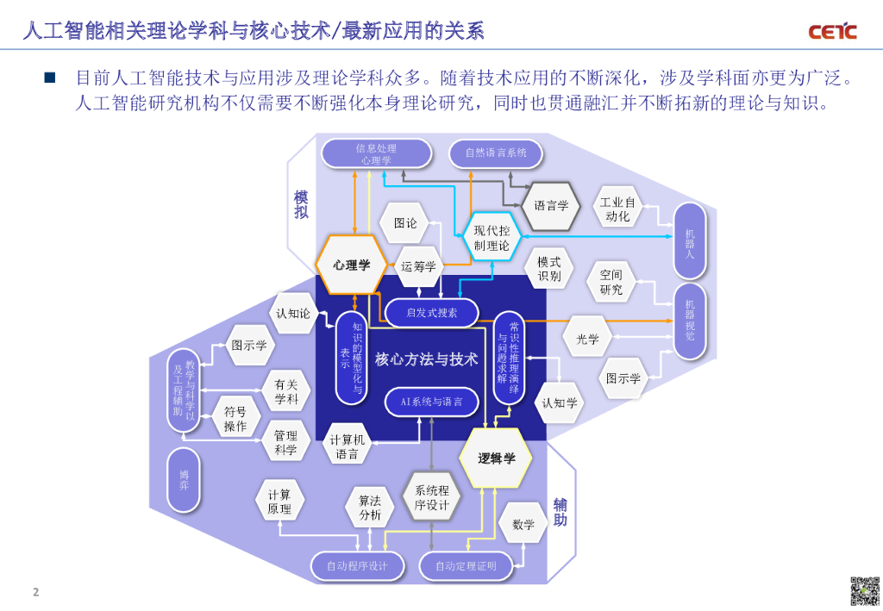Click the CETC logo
click(832, 32)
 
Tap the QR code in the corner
click(865, 591)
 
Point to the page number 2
click(35, 592)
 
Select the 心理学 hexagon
click(352, 265)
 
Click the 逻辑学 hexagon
click(497, 458)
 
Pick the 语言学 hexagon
click(551, 206)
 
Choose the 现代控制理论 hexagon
click(492, 238)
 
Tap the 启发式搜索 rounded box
click(431, 313)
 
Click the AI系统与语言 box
click(430, 402)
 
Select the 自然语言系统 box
click(495, 153)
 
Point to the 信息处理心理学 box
click(376, 153)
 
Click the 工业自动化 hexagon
click(617, 209)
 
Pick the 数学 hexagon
click(523, 524)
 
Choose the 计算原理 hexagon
click(279, 502)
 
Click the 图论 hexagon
click(405, 223)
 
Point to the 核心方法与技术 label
click(427, 359)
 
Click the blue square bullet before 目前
click(50, 78)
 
